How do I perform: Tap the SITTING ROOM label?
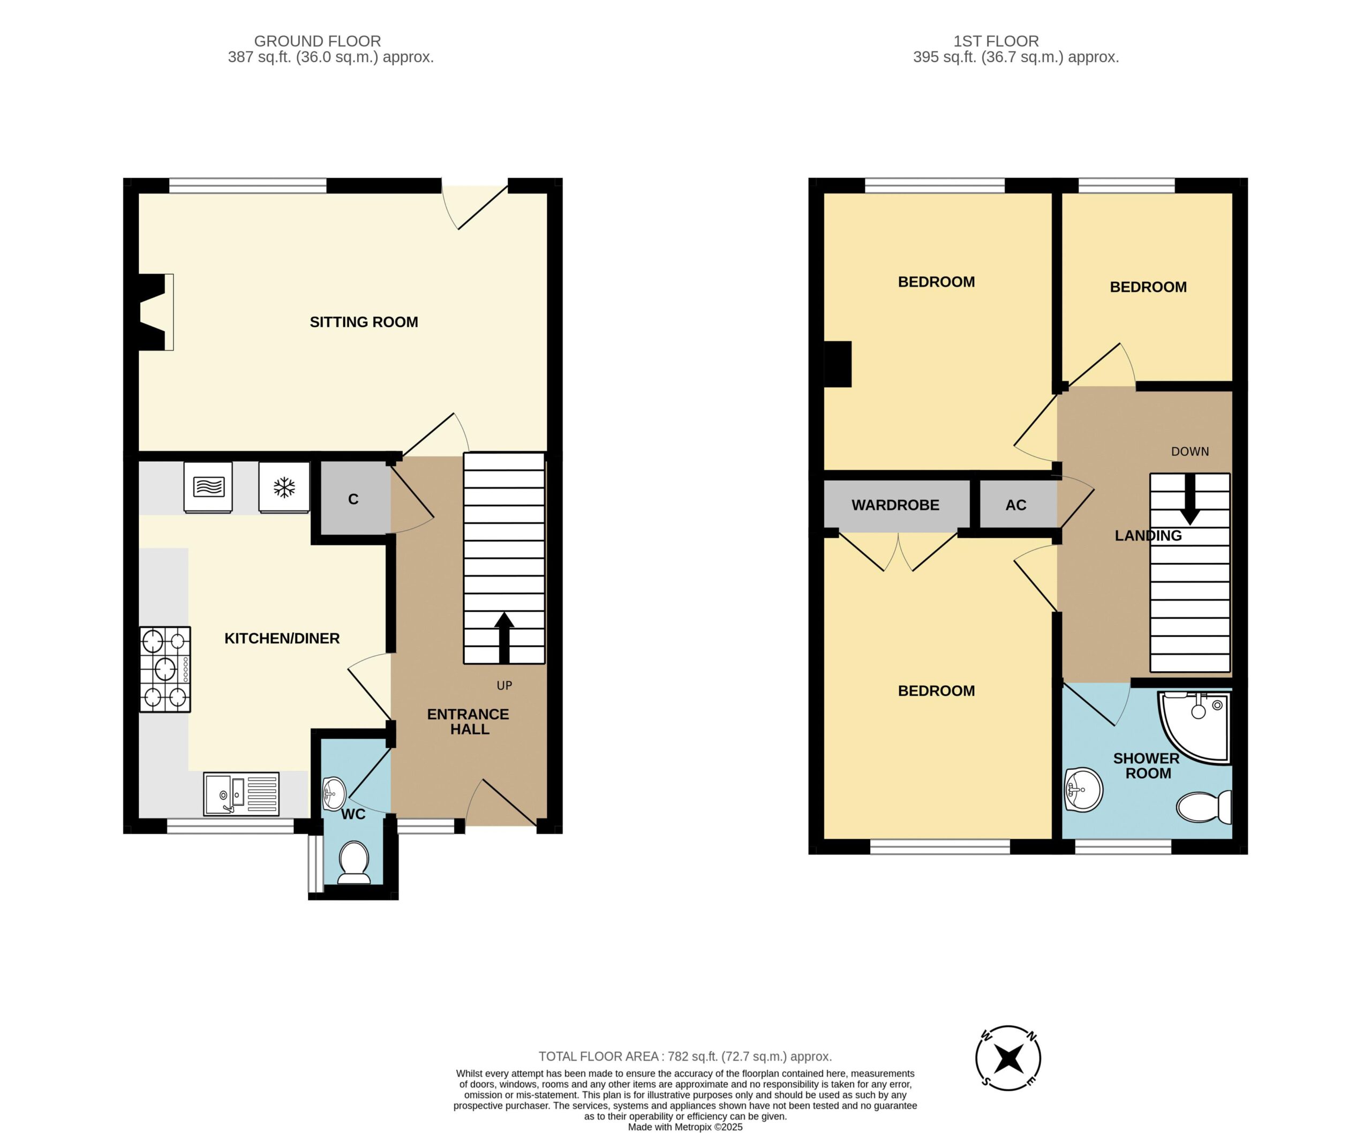tap(364, 322)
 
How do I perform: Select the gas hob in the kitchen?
tap(164, 669)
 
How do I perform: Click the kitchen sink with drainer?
tap(241, 793)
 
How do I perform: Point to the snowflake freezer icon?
tap(284, 487)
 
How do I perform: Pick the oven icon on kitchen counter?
tap(208, 487)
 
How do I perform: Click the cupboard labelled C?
tap(353, 499)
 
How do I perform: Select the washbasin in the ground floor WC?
tap(334, 793)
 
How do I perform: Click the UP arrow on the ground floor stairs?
tap(504, 637)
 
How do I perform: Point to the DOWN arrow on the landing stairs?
tap(1189, 499)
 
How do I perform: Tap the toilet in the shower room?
tap(1203, 807)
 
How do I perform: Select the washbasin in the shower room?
tap(1083, 790)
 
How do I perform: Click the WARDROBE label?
tap(895, 505)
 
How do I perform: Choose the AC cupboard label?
tap(1015, 505)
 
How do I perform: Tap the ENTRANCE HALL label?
tap(468, 722)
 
